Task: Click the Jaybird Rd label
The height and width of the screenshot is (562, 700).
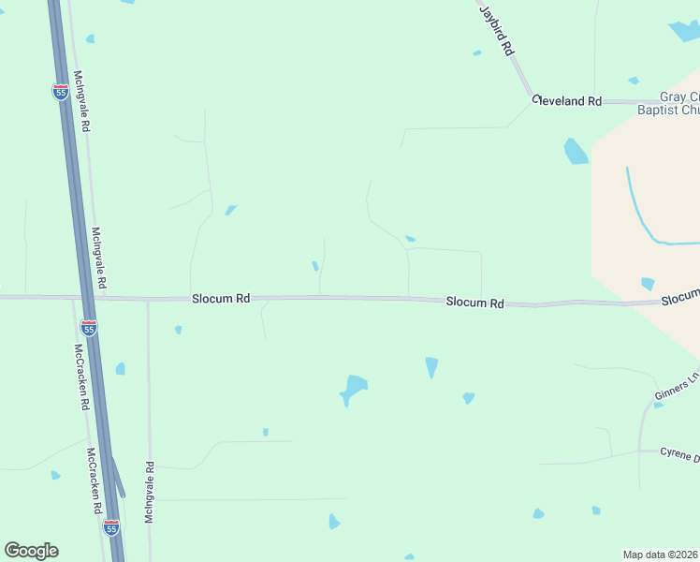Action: click(498, 31)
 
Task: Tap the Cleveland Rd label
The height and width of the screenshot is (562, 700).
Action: click(567, 100)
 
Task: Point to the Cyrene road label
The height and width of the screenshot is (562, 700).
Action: click(678, 455)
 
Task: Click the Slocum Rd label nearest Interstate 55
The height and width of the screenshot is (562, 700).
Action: click(221, 299)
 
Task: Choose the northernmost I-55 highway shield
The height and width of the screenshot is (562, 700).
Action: click(60, 91)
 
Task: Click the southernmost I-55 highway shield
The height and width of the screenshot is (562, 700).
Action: click(111, 528)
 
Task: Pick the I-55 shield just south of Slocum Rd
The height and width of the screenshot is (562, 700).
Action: click(89, 328)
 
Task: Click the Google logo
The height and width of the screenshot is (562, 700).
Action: click(31, 551)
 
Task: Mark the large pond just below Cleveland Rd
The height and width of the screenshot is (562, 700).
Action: click(576, 152)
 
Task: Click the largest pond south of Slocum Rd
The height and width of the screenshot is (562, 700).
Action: click(354, 388)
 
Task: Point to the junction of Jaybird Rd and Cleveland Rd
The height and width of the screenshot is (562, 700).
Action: click(532, 97)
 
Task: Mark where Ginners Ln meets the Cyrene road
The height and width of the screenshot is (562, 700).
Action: click(640, 450)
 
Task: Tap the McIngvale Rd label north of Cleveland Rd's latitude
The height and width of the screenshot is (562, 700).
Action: click(80, 100)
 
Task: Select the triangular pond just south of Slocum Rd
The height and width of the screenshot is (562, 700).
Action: click(431, 366)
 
